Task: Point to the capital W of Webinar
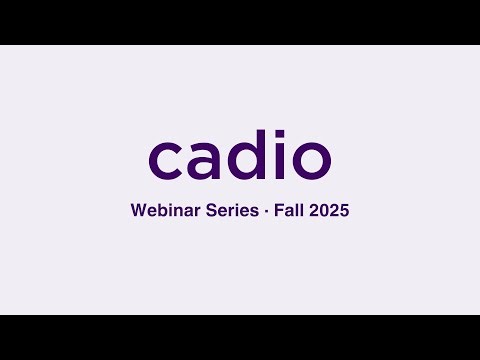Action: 138,212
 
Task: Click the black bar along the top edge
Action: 240,22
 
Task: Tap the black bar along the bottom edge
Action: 240,337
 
